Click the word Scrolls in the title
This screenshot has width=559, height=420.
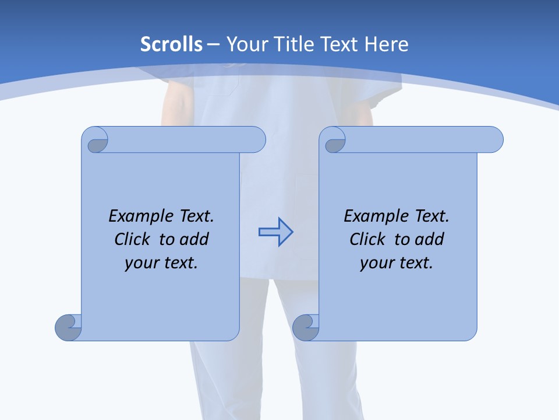tap(171, 44)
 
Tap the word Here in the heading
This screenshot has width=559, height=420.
tap(387, 44)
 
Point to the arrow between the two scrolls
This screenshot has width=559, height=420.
tap(275, 232)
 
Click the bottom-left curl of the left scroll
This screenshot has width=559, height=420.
tap(69, 327)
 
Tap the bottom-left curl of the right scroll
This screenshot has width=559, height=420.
tap(306, 327)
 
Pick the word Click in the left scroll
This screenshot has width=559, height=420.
tap(133, 239)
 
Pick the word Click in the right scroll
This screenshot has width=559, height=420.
tap(368, 239)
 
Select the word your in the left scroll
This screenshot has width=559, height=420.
tap(142, 263)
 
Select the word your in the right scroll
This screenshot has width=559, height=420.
tap(377, 263)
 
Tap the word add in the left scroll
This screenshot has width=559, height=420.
tap(194, 239)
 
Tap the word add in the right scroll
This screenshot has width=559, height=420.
tap(430, 239)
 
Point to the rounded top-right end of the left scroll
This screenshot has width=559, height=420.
tap(257, 140)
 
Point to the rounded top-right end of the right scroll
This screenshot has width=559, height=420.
tap(494, 140)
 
